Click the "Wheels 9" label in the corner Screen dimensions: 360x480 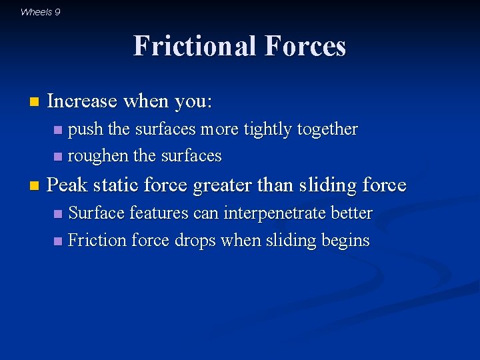tap(40, 11)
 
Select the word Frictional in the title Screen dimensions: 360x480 tap(195, 46)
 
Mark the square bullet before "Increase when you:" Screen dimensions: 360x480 tap(34, 103)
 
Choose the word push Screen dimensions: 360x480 tap(85, 129)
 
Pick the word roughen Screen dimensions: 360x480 tap(99, 156)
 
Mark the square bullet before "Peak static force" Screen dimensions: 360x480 tap(34, 185)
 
